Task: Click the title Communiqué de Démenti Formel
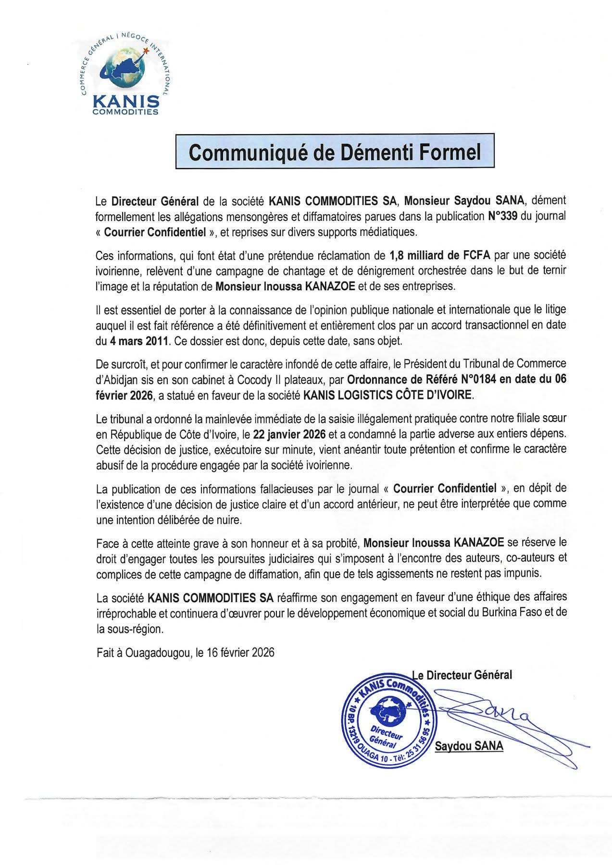pyautogui.click(x=335, y=151)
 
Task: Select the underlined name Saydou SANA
pyautogui.click(x=469, y=746)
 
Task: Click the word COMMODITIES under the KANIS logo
pyautogui.click(x=125, y=112)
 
